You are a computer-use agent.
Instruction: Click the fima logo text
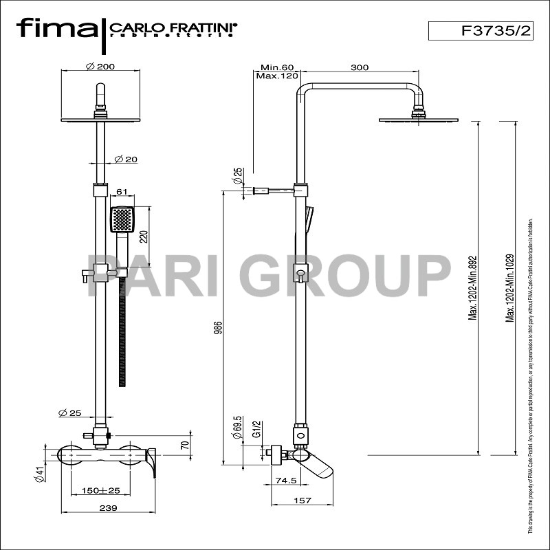pyautogui.click(x=57, y=29)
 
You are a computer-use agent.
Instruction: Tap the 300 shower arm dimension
pyautogui.click(x=359, y=67)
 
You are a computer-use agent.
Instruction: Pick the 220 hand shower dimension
pyautogui.click(x=144, y=238)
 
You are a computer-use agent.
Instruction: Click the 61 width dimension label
pyautogui.click(x=121, y=192)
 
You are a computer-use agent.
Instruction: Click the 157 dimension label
pyautogui.click(x=302, y=501)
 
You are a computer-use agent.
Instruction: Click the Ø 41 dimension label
pyautogui.click(x=40, y=474)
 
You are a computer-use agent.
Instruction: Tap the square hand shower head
pyautogui.click(x=122, y=220)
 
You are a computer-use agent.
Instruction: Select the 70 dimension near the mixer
pyautogui.click(x=184, y=445)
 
